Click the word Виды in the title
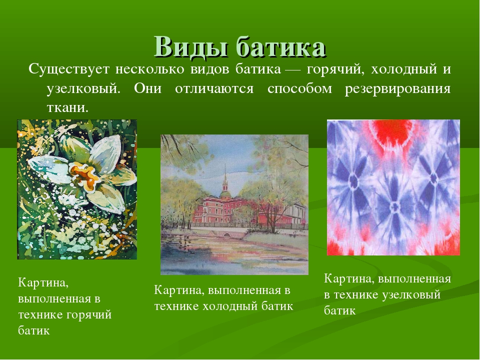[189, 47]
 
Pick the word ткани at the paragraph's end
[67, 107]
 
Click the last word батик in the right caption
[339, 310]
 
